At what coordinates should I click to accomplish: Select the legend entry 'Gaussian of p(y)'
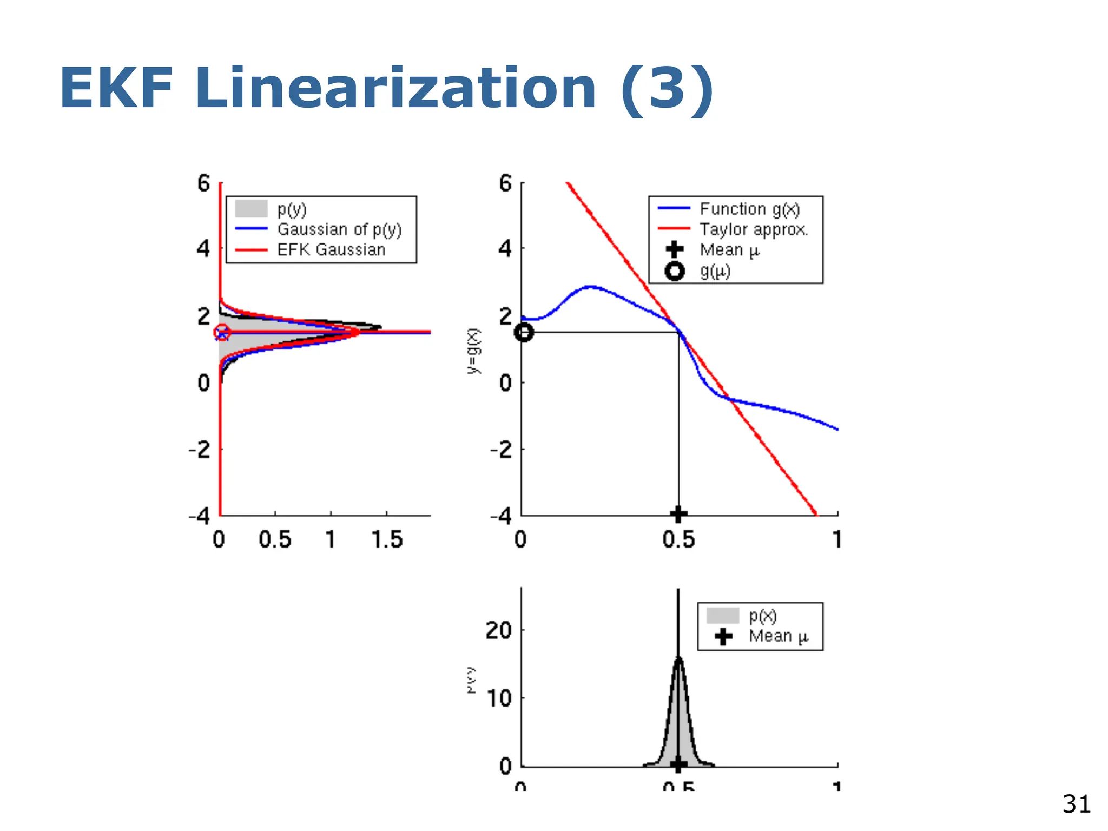coord(339,229)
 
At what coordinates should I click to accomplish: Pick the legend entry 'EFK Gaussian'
coord(331,250)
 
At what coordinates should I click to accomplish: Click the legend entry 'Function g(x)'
coord(749,209)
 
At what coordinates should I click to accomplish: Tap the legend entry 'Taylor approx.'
coord(753,229)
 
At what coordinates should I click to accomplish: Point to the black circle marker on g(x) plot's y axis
coord(524,332)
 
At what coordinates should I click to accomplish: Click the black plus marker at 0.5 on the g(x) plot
coord(678,514)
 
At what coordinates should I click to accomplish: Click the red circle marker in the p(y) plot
coord(222,333)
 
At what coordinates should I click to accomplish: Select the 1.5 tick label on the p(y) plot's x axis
coord(387,540)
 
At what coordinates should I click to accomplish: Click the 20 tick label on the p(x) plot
coord(498,631)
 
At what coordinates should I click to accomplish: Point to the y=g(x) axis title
coord(473,351)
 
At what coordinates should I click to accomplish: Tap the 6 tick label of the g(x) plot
coord(505,184)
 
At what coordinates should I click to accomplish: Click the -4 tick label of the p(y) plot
coord(199,516)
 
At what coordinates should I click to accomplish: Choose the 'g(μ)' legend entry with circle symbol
coord(714,271)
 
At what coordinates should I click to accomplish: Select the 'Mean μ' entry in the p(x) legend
coord(777,636)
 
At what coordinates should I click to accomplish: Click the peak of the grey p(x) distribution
coord(678,658)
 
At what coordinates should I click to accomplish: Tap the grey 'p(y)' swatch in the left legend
coord(251,209)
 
